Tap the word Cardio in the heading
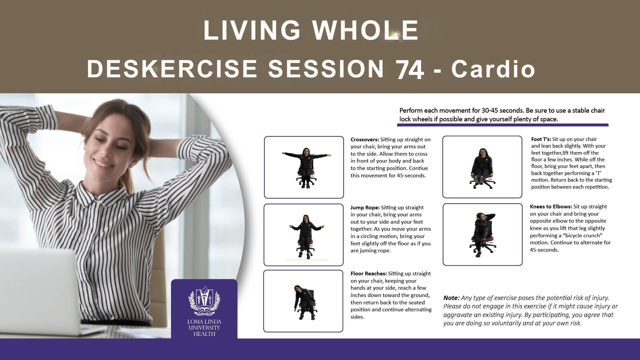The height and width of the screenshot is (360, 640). pos(493,69)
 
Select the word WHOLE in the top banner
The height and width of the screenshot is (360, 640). pos(366,30)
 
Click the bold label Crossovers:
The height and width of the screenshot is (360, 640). pos(365,140)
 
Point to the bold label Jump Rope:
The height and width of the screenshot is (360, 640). pos(365,208)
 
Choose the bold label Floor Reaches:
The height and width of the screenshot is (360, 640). pos(369,274)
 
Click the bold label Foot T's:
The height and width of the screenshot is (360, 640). pos(541,139)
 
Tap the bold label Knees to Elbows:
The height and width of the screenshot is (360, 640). pos(551,207)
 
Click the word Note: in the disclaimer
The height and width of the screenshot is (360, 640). pos(451,298)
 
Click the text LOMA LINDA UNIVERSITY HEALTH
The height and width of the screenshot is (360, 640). pos(204,328)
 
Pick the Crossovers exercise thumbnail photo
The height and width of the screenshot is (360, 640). pos(304,167)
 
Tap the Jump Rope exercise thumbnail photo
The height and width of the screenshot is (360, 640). pos(304,235)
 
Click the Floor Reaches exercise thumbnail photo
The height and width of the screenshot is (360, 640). pos(303,301)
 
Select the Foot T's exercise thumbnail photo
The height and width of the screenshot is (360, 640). pos(482,167)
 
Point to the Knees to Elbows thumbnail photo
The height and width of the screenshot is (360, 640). pos(483,235)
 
